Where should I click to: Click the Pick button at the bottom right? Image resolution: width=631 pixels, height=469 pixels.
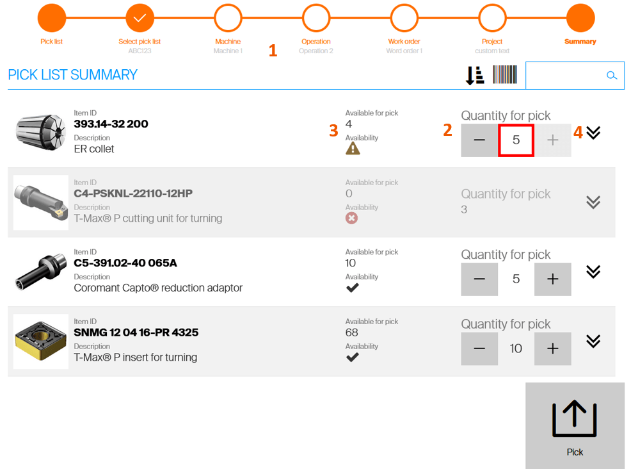575,425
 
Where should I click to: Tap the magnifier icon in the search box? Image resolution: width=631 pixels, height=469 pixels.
612,76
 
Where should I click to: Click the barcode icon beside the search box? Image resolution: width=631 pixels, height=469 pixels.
505,74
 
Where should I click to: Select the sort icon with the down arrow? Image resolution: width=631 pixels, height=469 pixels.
475,76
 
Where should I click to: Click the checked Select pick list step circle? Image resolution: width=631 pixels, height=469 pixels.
140,18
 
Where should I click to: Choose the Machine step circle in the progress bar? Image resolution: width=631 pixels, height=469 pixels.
228,18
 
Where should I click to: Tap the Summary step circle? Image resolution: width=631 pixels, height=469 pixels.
580,18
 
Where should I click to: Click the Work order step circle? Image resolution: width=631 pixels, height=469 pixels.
404,18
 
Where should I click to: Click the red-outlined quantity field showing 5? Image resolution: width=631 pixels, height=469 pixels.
516,140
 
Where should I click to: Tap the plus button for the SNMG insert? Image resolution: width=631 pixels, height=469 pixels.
552,349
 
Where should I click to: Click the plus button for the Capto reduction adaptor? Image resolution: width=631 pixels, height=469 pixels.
552,279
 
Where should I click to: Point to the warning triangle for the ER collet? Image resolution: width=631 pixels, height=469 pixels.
353,149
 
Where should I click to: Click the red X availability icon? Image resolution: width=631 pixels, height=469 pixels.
351,218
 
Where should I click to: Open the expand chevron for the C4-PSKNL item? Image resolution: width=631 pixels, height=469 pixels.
593,202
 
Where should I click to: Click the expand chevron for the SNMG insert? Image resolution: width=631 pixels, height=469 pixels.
593,341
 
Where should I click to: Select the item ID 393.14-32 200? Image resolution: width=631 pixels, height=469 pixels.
111,124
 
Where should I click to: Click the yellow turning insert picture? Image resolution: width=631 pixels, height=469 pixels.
41,341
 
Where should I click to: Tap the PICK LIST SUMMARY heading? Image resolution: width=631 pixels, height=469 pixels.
72,75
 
